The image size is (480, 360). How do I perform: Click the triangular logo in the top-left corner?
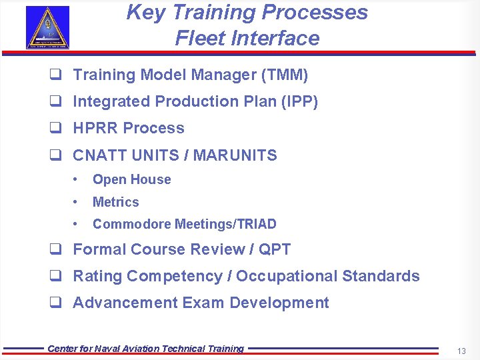47,27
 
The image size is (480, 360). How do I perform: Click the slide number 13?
461,351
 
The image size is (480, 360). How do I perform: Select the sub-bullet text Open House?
131,180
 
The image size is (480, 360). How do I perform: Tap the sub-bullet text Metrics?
115,202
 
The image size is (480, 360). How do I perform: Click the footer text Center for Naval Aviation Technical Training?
146,349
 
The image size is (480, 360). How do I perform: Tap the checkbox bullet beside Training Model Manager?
55,75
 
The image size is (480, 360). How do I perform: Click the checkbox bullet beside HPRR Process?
55,129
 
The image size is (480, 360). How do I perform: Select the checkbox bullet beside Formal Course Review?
55,249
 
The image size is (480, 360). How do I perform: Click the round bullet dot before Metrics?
77,202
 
